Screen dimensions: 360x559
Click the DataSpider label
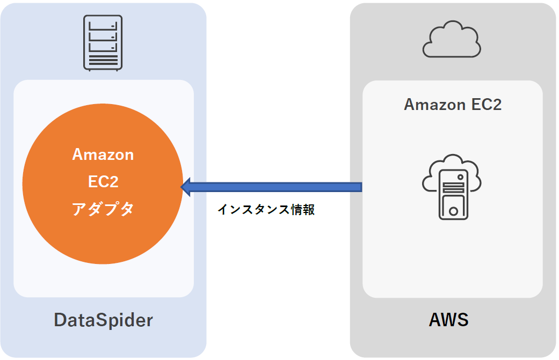click(103, 320)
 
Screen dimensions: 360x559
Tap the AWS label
click(448, 320)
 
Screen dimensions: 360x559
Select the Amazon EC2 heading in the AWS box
click(453, 104)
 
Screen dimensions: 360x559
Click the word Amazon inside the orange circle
click(103, 155)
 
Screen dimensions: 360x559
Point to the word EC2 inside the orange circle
click(103, 181)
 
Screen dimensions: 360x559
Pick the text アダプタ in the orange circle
click(103, 209)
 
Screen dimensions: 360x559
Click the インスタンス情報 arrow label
click(266, 210)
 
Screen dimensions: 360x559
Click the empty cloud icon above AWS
click(451, 39)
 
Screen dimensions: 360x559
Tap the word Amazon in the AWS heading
click(430, 104)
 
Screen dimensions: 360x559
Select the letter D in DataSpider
click(59, 320)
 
